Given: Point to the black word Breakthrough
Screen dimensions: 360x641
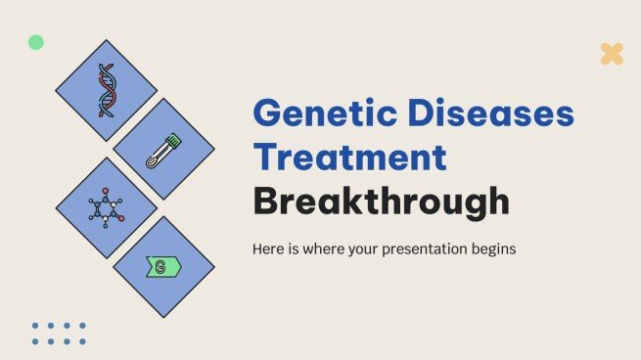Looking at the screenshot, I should point(382,202).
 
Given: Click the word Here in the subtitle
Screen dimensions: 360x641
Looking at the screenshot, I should point(269,248).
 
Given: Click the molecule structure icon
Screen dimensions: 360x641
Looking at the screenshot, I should point(106,207).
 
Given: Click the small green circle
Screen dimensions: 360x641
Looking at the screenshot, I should point(36,42).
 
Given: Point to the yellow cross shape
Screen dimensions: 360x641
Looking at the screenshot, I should point(612,54).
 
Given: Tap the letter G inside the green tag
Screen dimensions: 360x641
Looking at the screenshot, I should point(160,266).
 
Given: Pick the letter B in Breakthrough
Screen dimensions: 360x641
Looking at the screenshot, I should point(267,202).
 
